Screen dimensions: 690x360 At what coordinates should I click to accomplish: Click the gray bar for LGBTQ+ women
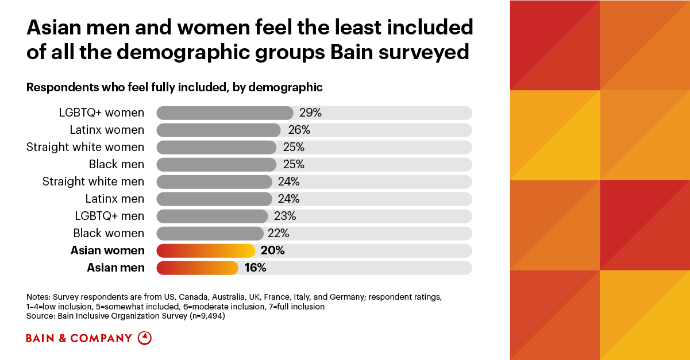[225, 113]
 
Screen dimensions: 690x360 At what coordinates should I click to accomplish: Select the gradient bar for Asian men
[198, 268]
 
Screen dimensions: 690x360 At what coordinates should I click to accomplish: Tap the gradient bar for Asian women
[206, 251]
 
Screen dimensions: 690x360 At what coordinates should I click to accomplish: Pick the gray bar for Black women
[210, 234]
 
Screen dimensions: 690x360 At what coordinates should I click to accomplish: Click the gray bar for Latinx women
[219, 130]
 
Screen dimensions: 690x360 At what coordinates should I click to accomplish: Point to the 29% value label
[310, 113]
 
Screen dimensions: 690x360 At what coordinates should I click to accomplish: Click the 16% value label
[255, 268]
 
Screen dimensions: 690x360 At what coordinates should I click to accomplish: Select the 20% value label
[273, 251]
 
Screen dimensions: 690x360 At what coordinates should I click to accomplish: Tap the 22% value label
[279, 234]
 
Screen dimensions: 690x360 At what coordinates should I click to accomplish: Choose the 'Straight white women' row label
[86, 148]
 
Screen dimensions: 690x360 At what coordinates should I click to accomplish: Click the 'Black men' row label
[117, 164]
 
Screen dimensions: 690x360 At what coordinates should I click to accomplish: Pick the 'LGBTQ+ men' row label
[110, 216]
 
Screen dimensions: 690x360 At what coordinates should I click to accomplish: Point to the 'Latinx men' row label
[115, 199]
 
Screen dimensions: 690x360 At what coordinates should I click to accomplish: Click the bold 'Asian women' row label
[107, 251]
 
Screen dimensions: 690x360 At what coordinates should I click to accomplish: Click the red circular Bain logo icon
[144, 338]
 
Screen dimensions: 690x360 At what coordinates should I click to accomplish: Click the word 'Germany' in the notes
[347, 297]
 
